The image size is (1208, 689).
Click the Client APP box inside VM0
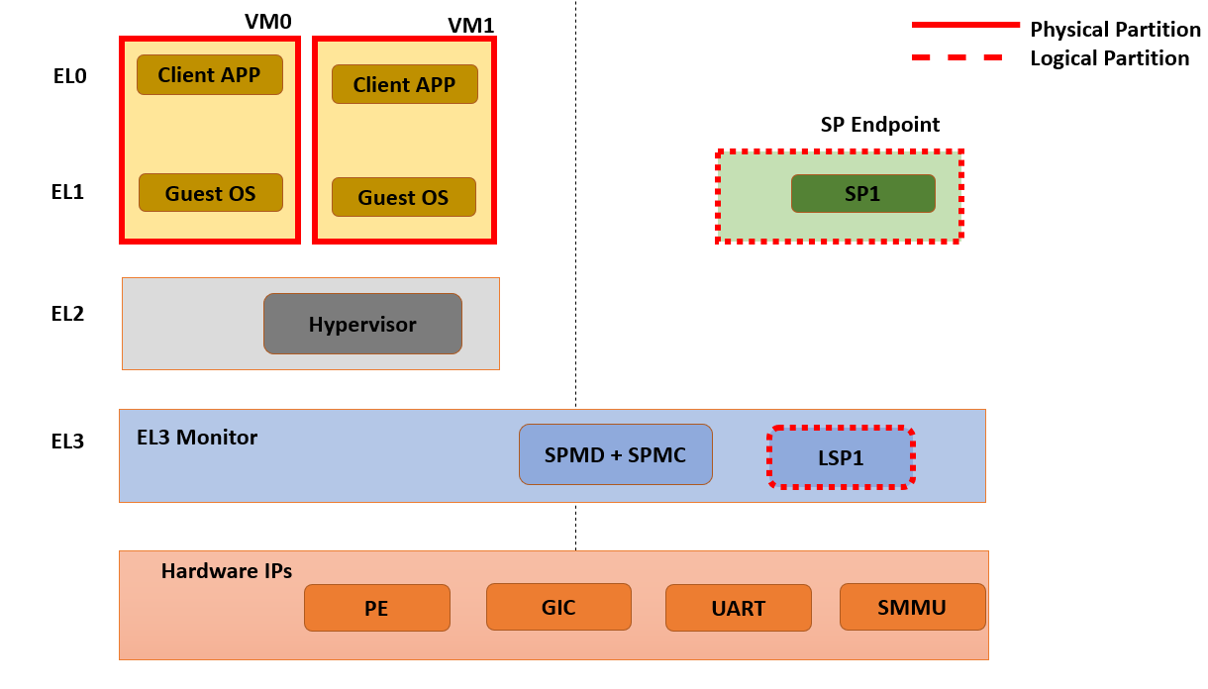click(x=210, y=75)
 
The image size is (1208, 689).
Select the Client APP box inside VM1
click(x=404, y=85)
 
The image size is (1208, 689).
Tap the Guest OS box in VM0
click(x=210, y=193)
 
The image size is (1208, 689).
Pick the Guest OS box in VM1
click(x=403, y=198)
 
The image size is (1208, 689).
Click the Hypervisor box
click(x=362, y=324)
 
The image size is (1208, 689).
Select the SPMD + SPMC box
click(x=615, y=455)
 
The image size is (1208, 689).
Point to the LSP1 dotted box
click(x=841, y=457)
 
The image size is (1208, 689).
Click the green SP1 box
click(x=862, y=194)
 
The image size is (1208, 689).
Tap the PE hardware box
click(x=376, y=608)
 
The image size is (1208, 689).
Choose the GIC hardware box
click(x=558, y=607)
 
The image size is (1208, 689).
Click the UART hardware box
click(x=738, y=608)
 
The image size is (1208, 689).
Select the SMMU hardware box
click(x=912, y=607)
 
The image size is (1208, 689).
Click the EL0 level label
click(x=70, y=75)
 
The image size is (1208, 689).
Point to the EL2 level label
click(x=69, y=314)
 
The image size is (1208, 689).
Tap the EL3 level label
click(x=69, y=441)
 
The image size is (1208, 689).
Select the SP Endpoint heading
click(x=879, y=125)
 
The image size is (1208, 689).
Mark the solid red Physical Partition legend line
click(x=964, y=23)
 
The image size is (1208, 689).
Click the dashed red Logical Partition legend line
click(x=956, y=57)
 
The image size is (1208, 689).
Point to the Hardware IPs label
click(x=226, y=571)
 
